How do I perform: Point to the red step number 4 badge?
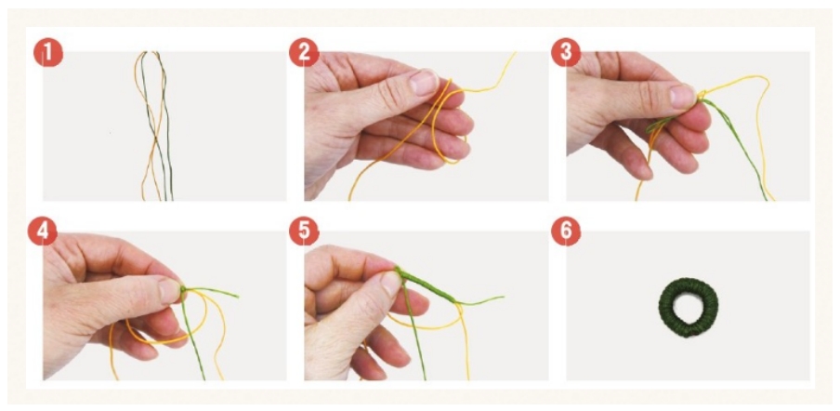pyautogui.click(x=43, y=232)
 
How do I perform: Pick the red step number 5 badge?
pyautogui.click(x=304, y=232)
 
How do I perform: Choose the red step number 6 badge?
pyautogui.click(x=566, y=232)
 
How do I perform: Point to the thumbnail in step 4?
pyautogui.click(x=170, y=290)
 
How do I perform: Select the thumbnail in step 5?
pyautogui.click(x=391, y=284)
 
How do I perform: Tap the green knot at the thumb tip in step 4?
pyautogui.click(x=184, y=290)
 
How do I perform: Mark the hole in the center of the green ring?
pyautogui.click(x=688, y=308)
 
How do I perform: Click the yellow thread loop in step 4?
pyautogui.click(x=204, y=322)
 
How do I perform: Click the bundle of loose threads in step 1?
pyautogui.click(x=154, y=126)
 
